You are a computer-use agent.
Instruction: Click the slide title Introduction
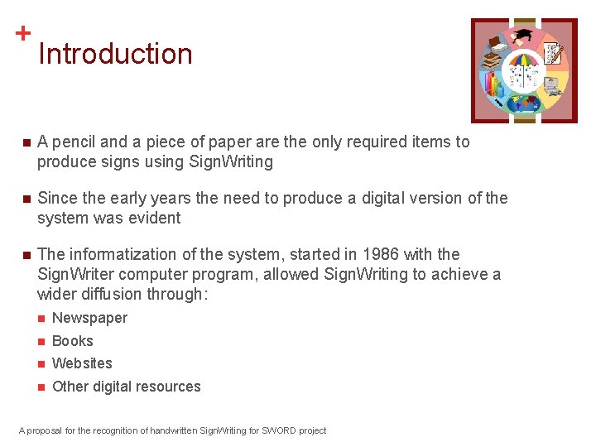click(x=115, y=54)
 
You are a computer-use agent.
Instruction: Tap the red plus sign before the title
click(x=23, y=33)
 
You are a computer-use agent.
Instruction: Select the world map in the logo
click(x=524, y=103)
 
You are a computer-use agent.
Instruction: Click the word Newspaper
click(x=89, y=318)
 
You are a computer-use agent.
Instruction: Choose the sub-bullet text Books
click(x=73, y=340)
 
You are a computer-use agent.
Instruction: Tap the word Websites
click(x=82, y=363)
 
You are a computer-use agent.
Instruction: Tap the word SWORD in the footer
click(x=275, y=430)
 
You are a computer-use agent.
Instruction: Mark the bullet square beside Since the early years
click(x=26, y=199)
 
